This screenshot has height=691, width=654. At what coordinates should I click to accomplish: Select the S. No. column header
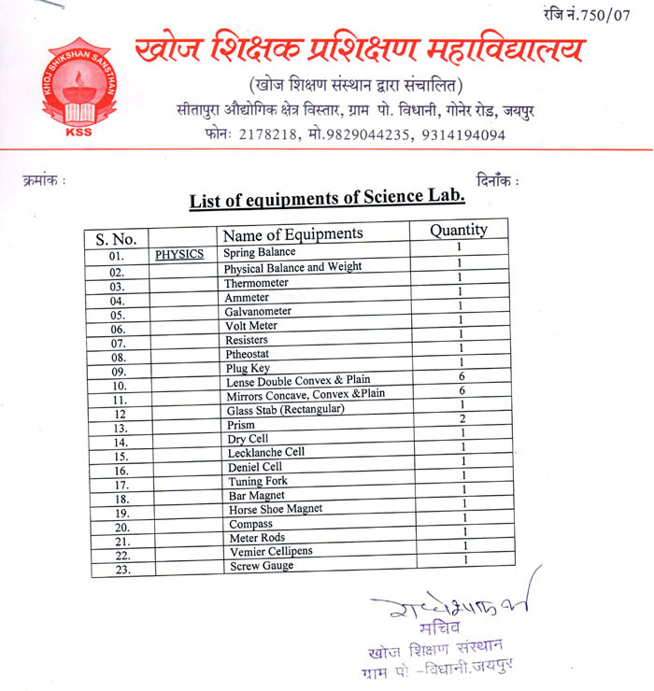point(115,239)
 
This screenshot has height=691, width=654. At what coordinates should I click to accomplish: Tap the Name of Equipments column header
point(292,233)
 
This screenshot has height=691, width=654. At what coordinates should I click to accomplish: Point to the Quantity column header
point(458,230)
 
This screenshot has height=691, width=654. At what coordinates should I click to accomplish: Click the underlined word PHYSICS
point(179,254)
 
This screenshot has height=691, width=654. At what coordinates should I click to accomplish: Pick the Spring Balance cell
point(260,253)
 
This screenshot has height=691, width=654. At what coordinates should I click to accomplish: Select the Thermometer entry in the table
point(256,283)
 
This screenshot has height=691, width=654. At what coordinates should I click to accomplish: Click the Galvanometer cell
point(258,311)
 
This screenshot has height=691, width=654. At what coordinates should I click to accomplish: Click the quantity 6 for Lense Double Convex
point(462,376)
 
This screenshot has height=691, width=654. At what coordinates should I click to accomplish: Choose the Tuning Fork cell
point(257,481)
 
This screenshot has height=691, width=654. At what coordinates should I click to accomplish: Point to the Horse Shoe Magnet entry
point(276,510)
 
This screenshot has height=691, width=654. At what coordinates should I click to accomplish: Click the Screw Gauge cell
point(262,566)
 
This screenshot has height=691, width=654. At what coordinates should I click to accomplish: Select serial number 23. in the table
point(121,569)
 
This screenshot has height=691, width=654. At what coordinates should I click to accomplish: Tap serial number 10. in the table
point(119,386)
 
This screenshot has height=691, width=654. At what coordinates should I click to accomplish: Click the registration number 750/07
point(607,15)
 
